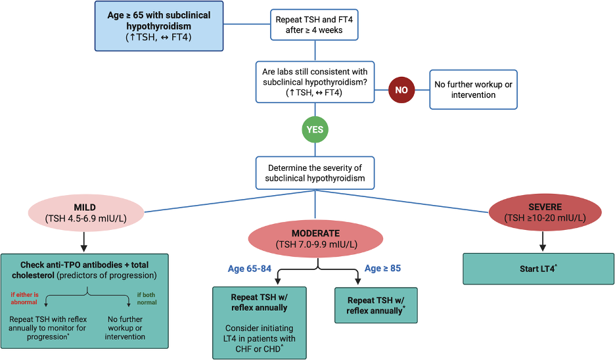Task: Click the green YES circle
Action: pos(315,129)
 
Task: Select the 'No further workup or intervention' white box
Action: pos(473,90)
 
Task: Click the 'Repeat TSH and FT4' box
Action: pos(315,25)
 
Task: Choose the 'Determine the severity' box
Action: pos(315,173)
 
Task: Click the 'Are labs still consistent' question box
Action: pos(315,81)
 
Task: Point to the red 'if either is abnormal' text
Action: pos(24,298)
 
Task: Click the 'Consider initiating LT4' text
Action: pos(260,333)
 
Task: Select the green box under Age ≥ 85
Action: pos(376,305)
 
